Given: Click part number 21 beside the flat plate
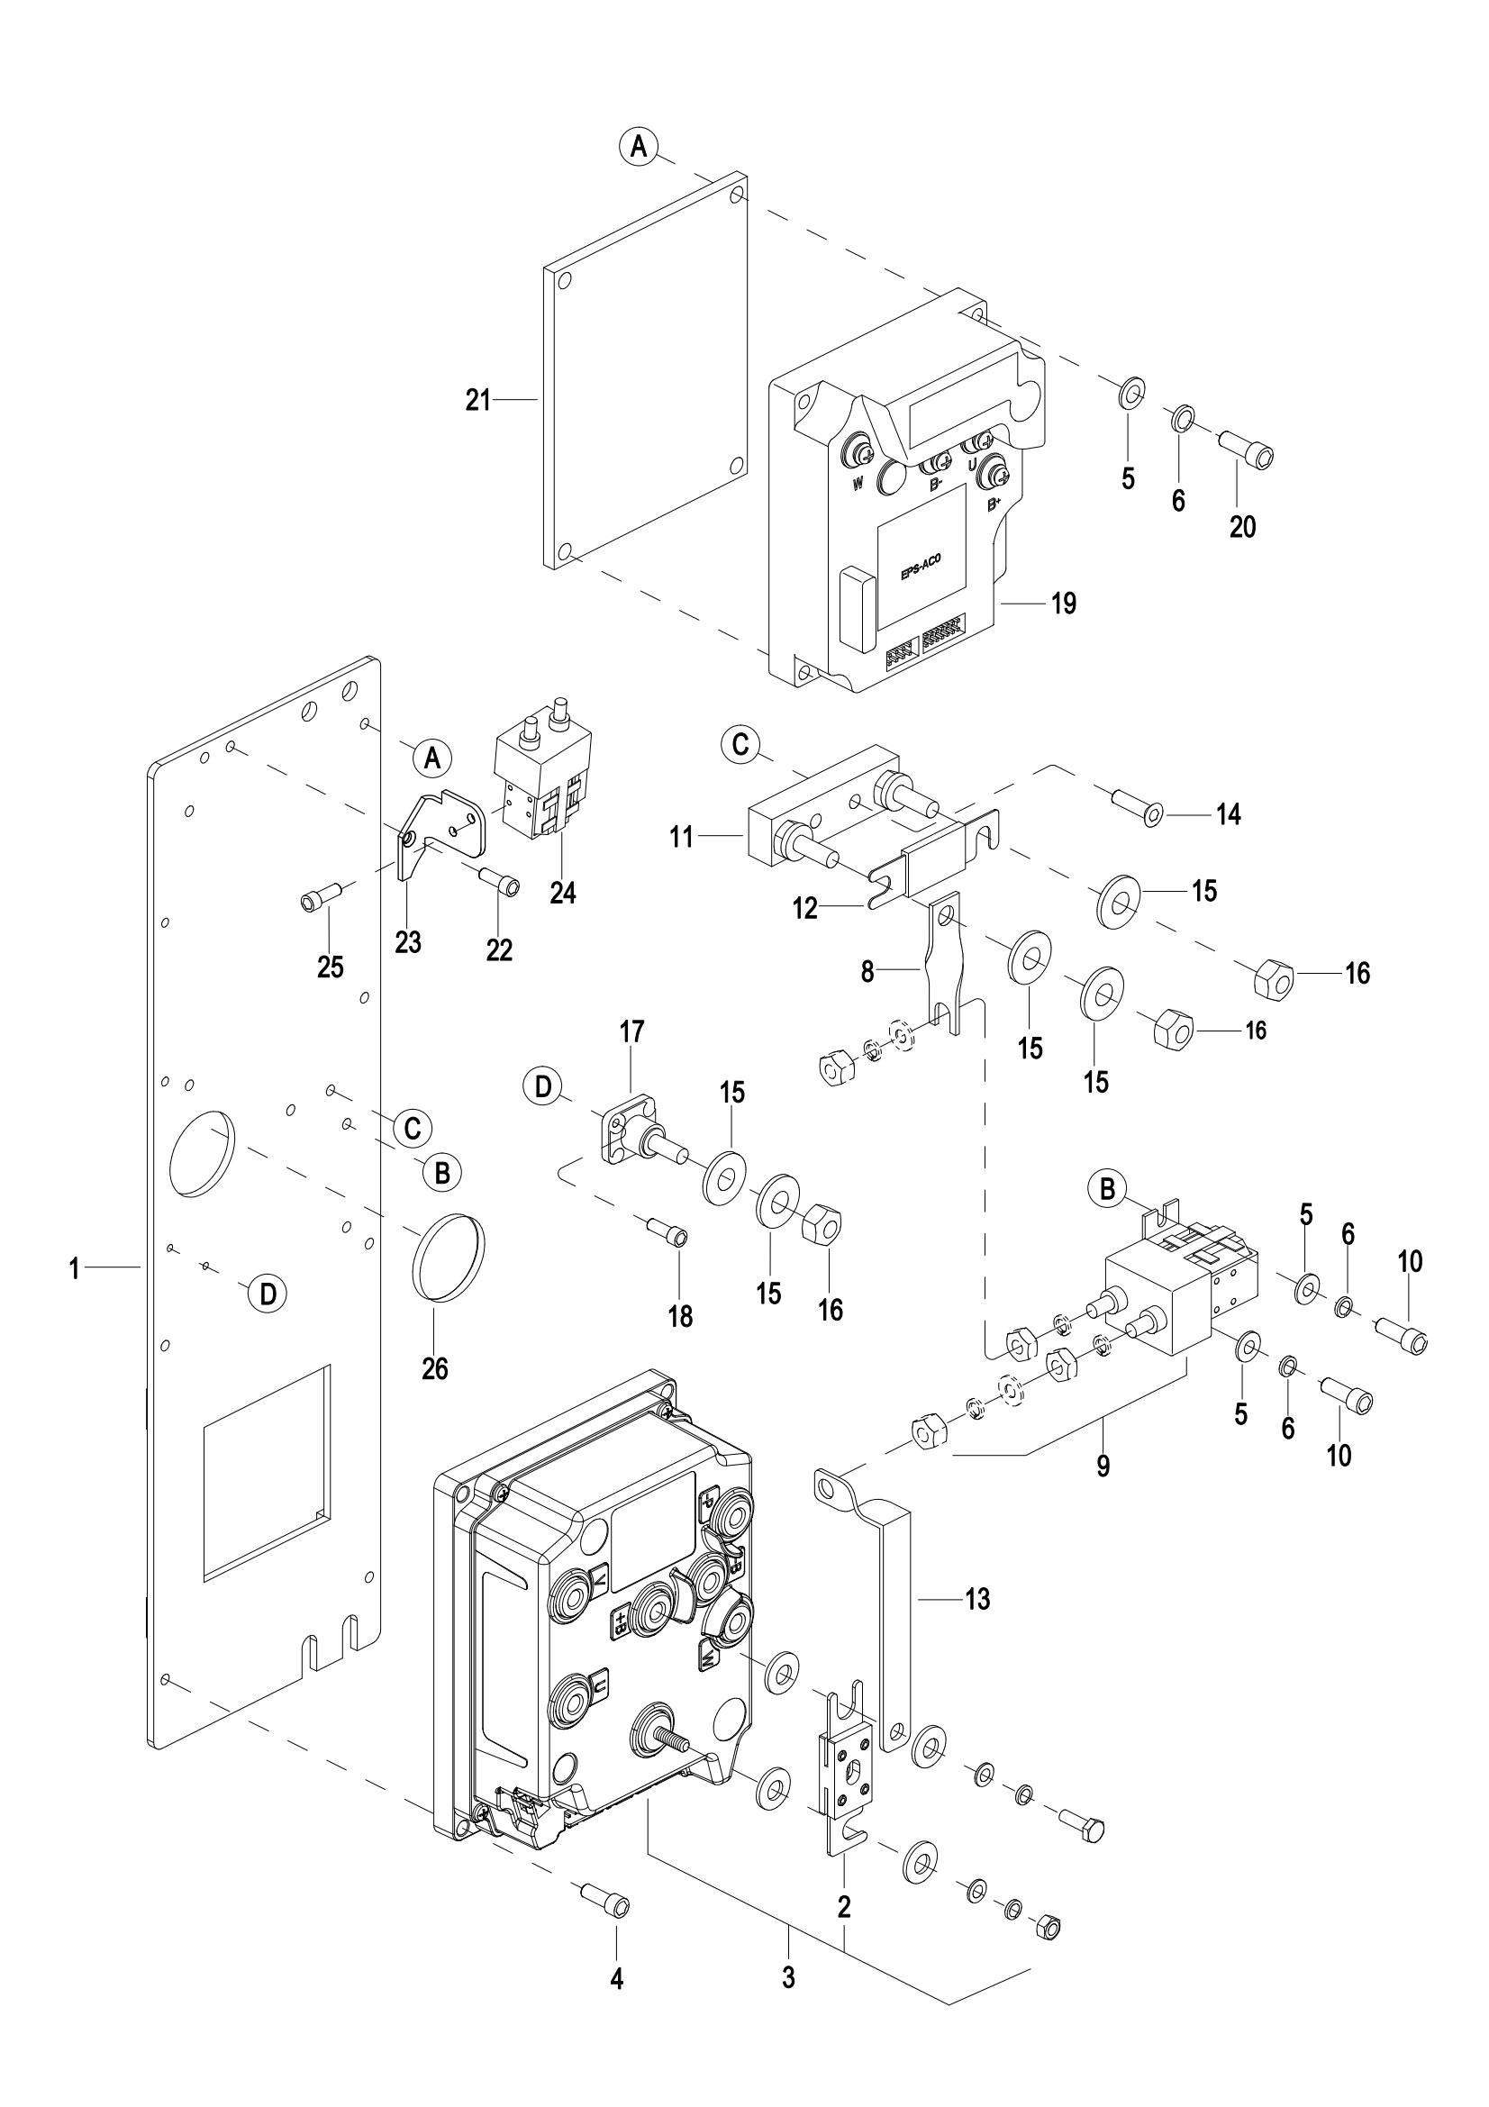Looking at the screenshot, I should tap(478, 400).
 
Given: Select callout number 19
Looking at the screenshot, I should tap(1063, 604).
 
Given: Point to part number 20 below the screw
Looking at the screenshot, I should tap(1242, 527).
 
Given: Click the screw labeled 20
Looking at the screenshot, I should tap(1248, 453).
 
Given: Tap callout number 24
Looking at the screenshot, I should tap(562, 892).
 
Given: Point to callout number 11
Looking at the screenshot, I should tap(681, 837).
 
